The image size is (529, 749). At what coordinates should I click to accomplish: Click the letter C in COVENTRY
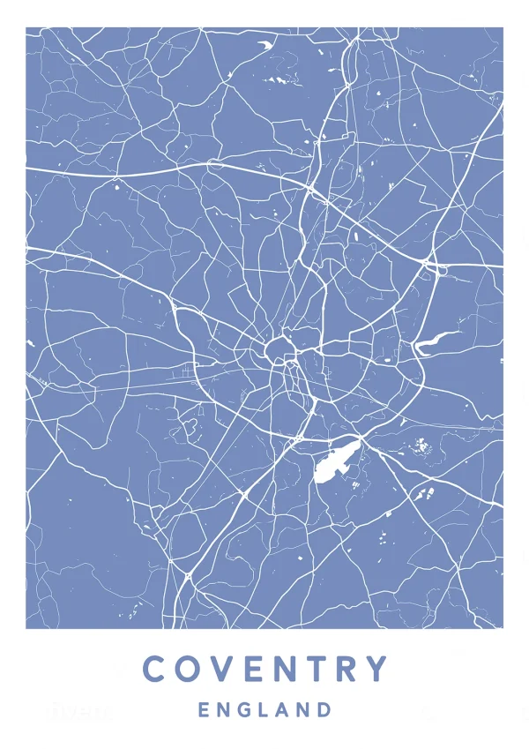[x=155, y=669]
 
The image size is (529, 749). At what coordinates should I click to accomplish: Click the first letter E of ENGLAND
[x=204, y=709]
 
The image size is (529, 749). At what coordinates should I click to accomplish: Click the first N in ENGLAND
[x=223, y=709]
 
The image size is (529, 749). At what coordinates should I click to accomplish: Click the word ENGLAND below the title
[x=264, y=709]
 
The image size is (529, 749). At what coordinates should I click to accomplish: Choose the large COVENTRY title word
[x=265, y=669]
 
